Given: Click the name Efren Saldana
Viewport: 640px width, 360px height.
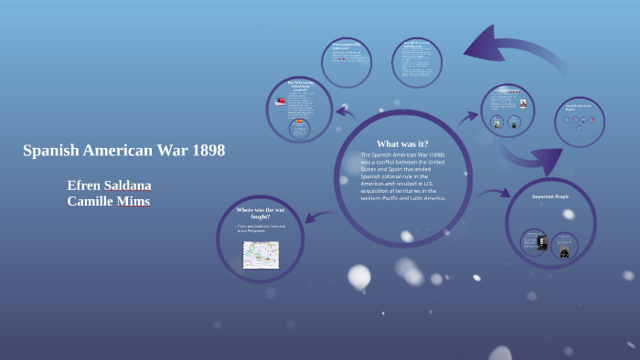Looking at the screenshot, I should [x=109, y=185].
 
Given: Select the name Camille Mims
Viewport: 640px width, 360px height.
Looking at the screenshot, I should [x=109, y=201].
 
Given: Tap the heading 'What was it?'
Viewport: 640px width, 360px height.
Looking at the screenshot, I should [x=402, y=143].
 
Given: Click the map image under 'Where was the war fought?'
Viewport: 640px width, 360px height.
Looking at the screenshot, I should [x=261, y=255].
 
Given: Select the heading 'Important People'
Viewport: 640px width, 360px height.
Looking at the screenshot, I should [x=551, y=196].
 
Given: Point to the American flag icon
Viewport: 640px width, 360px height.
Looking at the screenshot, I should [x=281, y=101].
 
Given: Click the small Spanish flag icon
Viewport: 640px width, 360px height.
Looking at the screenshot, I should [x=299, y=120].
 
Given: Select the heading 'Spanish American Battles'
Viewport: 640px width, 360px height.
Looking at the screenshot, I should [x=579, y=106].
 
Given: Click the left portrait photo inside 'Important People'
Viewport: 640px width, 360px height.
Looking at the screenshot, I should [x=534, y=241].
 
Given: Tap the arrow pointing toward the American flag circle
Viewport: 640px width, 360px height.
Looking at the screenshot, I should [x=345, y=113].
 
